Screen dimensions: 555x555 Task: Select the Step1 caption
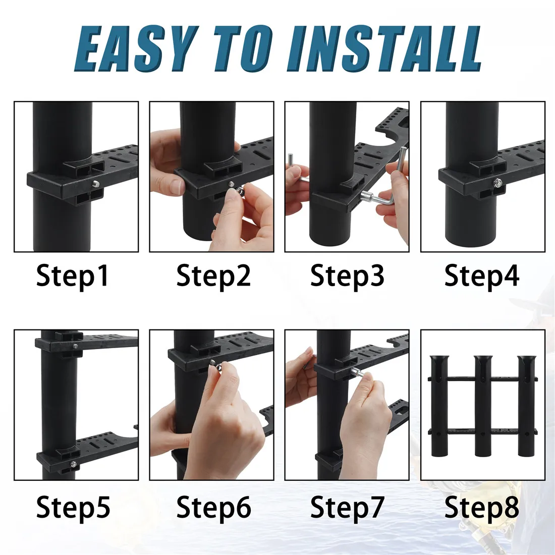[73, 276]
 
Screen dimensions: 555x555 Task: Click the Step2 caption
[213, 276]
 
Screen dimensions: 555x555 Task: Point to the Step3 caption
[347, 276]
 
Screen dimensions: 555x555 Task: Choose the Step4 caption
[482, 276]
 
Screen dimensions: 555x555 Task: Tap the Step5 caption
[73, 508]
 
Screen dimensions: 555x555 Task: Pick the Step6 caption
[213, 508]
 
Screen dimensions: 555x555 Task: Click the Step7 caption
[347, 508]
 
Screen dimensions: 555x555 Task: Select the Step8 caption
[482, 508]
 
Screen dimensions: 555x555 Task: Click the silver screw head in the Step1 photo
[95, 183]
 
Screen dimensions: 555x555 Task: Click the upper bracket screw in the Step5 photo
[75, 346]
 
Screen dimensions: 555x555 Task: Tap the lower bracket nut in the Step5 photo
[73, 464]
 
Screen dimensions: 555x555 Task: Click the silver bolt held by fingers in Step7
[356, 372]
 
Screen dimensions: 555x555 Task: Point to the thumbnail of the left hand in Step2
[178, 186]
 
